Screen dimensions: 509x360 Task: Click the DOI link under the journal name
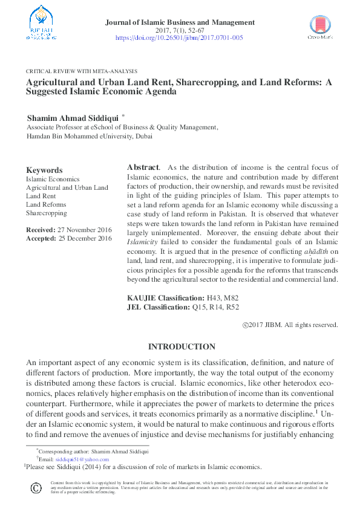(179, 37)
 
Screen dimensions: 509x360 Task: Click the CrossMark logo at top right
(320, 27)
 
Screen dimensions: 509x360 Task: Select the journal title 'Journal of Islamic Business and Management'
(180, 22)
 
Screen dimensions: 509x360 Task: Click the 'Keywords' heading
(44, 170)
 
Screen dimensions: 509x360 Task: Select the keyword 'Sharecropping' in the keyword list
(47, 213)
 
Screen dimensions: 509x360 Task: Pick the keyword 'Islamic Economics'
(53, 180)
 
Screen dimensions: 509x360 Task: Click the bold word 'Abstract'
(143, 167)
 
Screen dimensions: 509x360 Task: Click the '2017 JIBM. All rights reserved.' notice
(294, 325)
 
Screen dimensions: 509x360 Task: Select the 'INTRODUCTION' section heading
(182, 347)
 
